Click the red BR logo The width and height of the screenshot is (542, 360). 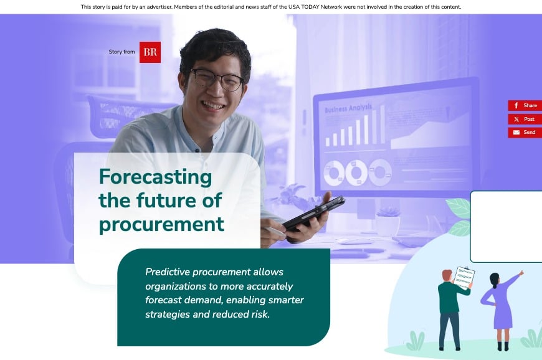[x=150, y=52]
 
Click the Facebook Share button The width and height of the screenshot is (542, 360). [x=525, y=106]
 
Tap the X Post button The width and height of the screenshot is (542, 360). [x=525, y=119]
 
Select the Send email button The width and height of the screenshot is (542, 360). [x=525, y=133]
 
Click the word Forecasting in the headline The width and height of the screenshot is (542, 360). [x=155, y=178]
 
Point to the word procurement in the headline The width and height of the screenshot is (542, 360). [x=161, y=224]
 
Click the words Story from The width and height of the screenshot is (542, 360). [x=121, y=52]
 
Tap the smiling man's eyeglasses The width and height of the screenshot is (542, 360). [x=216, y=80]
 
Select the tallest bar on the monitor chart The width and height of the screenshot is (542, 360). [x=382, y=125]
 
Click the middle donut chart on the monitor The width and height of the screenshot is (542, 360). [x=356, y=173]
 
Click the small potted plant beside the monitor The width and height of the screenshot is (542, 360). [x=387, y=221]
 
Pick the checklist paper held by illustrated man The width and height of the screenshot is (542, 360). [x=464, y=277]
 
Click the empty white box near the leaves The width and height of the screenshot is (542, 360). [x=506, y=227]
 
